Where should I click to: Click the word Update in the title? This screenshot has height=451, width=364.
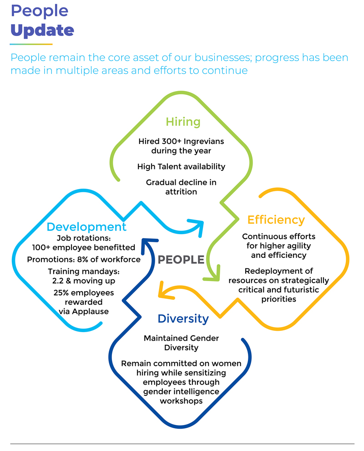(42, 30)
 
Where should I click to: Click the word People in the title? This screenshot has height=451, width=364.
(39, 11)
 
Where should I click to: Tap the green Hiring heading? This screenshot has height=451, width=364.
(183, 122)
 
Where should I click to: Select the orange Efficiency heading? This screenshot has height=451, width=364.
(276, 220)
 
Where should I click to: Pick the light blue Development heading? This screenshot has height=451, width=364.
(86, 227)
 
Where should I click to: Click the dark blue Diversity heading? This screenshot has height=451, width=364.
(183, 318)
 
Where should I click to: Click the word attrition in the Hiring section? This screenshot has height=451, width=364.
(181, 192)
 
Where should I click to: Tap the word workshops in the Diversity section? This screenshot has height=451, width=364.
(181, 401)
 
